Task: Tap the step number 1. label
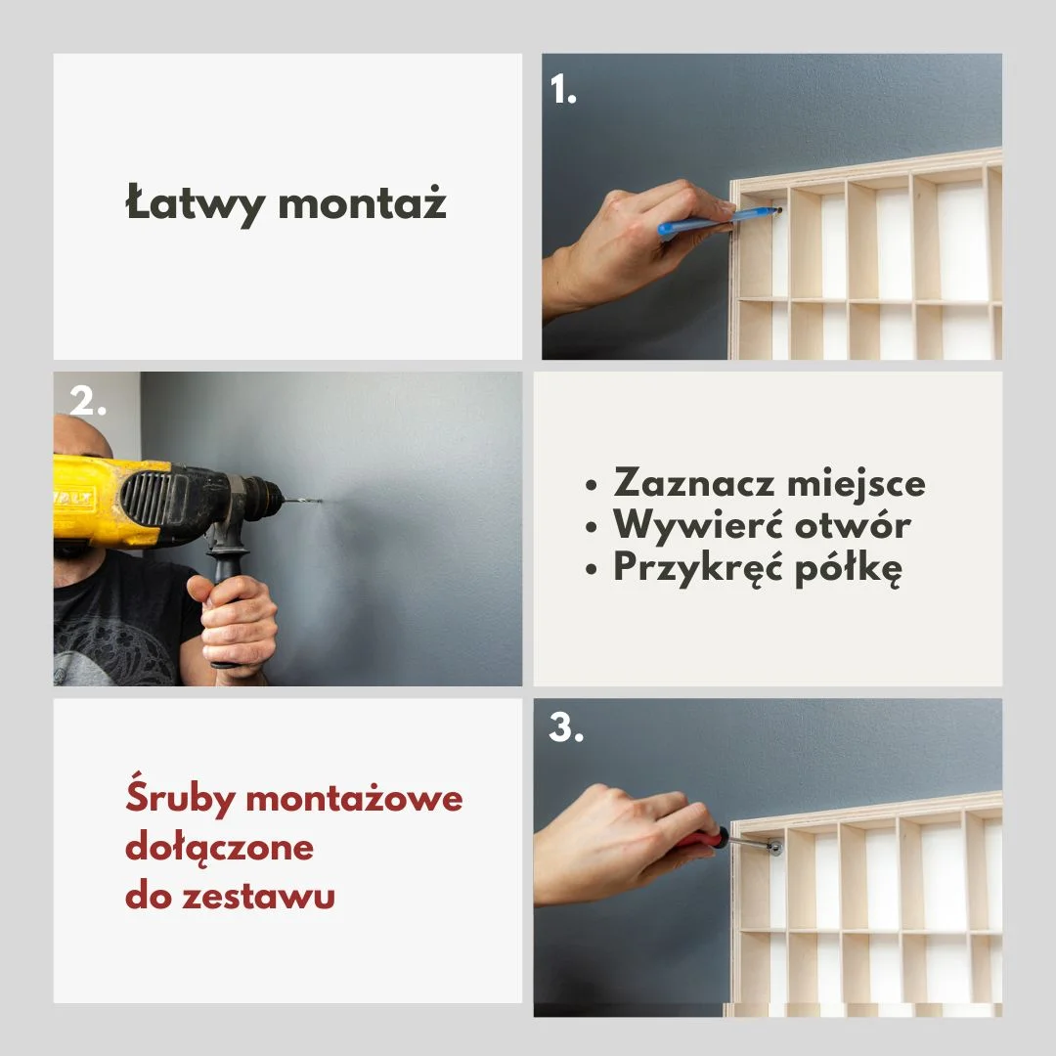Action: [x=562, y=90]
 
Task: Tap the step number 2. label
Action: [x=88, y=402]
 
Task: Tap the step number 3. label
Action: [x=566, y=727]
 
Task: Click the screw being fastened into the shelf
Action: [x=773, y=847]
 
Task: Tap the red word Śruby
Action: [x=180, y=800]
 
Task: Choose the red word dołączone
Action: [x=219, y=847]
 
